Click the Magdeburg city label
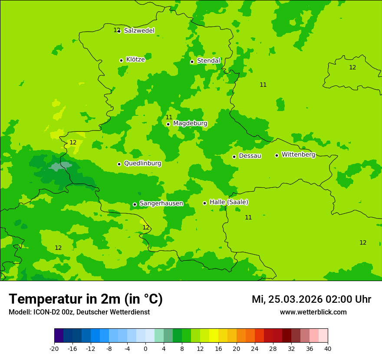point(190,124)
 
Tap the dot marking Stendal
point(192,62)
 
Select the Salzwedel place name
point(139,31)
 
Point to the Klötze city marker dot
point(121,60)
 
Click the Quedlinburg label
point(142,164)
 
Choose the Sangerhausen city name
point(161,203)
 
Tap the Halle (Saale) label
point(229,202)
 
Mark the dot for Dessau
point(234,157)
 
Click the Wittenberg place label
point(298,154)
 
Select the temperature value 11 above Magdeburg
point(169,118)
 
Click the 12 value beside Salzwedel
point(116,30)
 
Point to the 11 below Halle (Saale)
point(248,217)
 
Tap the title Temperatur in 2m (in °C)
point(86,299)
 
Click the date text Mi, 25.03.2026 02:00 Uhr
point(311,299)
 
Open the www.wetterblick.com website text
point(313,312)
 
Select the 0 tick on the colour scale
point(145,349)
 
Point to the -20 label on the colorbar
point(54,349)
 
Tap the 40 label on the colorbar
point(327,349)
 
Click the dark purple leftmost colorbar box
point(59,336)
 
